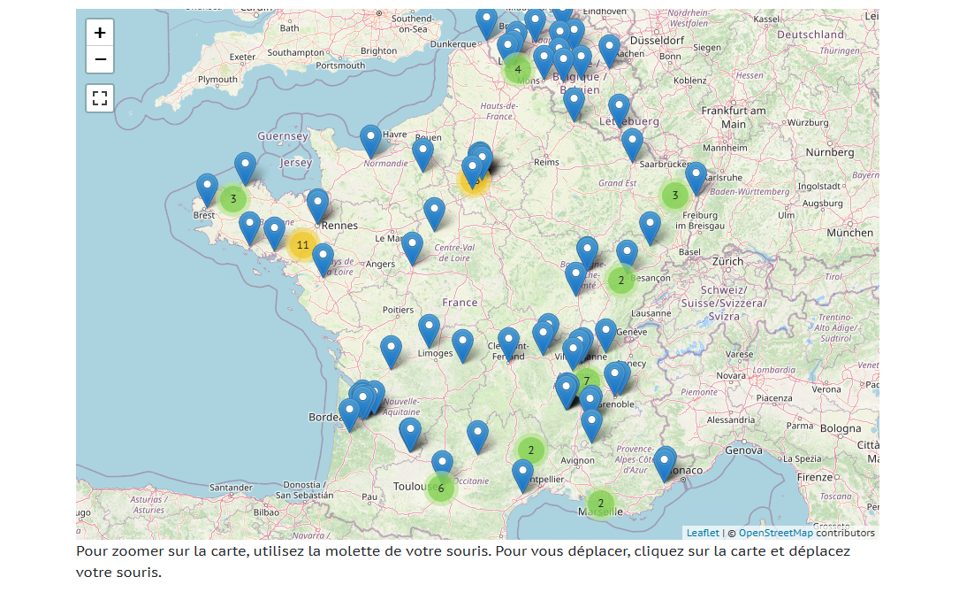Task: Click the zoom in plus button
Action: point(100,33)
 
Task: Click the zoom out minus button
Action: point(100,59)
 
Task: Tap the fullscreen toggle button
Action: point(100,97)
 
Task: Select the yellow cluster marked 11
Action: point(302,245)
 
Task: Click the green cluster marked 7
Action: point(586,381)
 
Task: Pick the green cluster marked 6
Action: point(440,488)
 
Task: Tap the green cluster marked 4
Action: point(518,69)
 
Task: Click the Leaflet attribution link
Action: point(703,533)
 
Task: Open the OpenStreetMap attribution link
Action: point(775,533)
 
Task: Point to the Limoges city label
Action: point(435,354)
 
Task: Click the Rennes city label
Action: point(340,226)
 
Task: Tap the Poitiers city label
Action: point(398,310)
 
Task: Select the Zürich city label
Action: point(728,262)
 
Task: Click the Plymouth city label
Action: point(217,80)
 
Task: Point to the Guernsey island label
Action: point(283,136)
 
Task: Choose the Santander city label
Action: point(232,488)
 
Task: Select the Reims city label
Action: point(547,162)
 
